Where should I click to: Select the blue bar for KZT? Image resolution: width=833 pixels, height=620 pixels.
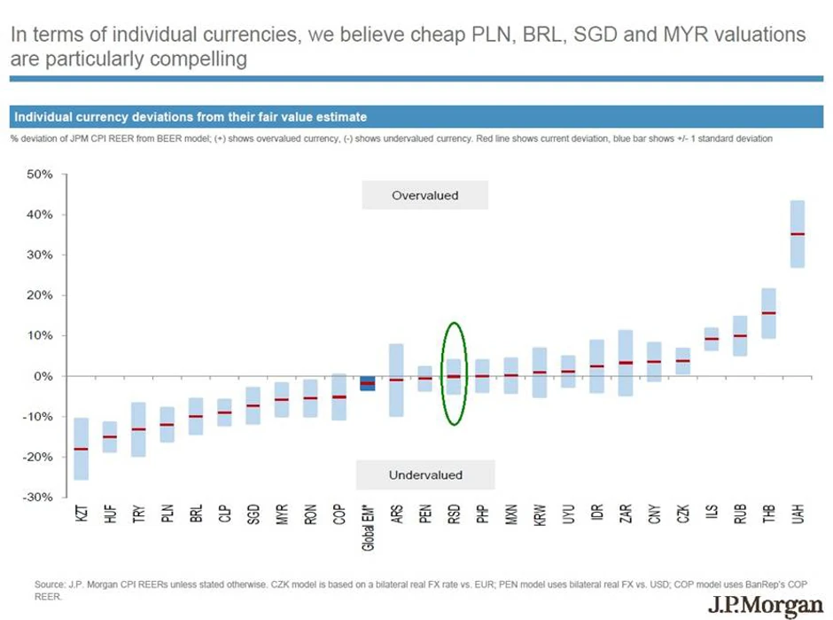[81, 435]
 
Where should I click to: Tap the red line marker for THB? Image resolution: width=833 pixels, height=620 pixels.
[768, 313]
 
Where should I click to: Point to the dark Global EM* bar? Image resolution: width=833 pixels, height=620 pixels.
[368, 383]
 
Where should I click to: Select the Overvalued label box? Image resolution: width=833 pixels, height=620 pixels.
[424, 195]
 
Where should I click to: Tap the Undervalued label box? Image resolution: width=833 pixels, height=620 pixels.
[424, 475]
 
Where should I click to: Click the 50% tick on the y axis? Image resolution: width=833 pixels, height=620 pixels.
[39, 175]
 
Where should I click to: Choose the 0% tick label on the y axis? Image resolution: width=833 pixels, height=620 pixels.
[43, 376]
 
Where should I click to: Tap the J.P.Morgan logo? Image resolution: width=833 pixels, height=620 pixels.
[765, 608]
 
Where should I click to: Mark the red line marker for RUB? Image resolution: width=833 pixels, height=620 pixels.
[740, 336]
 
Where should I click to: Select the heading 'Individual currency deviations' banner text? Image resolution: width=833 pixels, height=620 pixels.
[190, 116]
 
